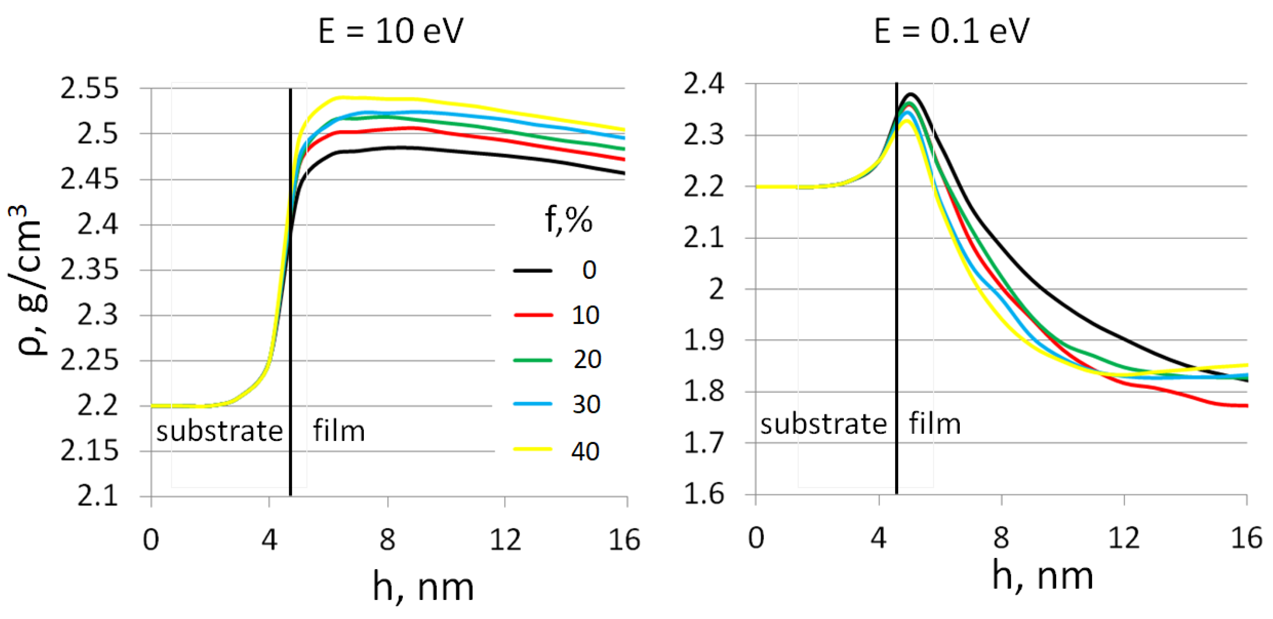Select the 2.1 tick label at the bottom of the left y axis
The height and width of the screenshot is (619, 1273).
[x=98, y=496]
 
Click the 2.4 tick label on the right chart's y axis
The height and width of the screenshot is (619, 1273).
[x=704, y=84]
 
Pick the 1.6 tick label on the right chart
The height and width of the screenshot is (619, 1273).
[x=704, y=494]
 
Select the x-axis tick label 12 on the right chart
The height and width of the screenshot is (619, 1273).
[x=1124, y=537]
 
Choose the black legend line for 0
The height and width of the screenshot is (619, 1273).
[x=533, y=271]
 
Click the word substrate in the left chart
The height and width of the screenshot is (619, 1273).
[x=219, y=431]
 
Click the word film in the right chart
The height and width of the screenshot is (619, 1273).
[x=935, y=424]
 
